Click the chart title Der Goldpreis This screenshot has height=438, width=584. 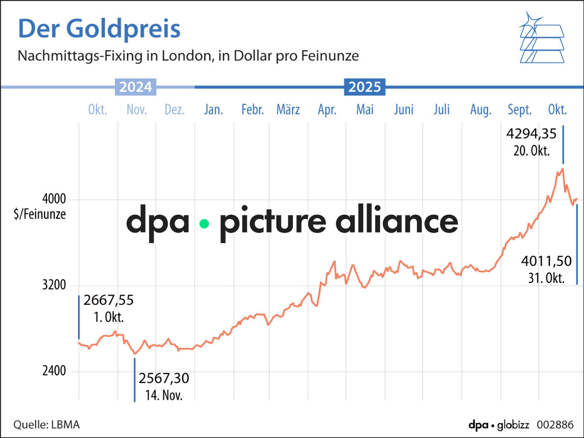pos(99,29)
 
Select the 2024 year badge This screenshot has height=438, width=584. pos(136,87)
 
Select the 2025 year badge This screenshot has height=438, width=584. pos(365,87)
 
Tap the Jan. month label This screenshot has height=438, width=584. pos(213,109)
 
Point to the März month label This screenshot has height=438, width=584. pos(288,109)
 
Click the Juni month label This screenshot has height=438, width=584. pos(404,109)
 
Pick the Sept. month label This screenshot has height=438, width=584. pos(520,109)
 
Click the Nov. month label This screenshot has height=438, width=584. pos(136,109)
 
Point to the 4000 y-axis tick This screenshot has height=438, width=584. pos(54,199)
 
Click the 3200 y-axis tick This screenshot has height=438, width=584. pos(54,285)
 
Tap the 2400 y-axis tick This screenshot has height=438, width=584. pos(54,371)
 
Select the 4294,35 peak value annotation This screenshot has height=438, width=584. pos(531,134)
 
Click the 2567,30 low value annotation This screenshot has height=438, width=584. pos(163,378)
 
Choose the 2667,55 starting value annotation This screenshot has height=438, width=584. pos(109,300)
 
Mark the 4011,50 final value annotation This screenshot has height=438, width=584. pos(546,261)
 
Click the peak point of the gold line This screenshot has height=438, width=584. pos(563,169)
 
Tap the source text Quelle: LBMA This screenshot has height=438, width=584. pos(46,425)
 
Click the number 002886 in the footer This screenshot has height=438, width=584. pos(555,425)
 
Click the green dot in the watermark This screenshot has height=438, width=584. pos(204,224)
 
